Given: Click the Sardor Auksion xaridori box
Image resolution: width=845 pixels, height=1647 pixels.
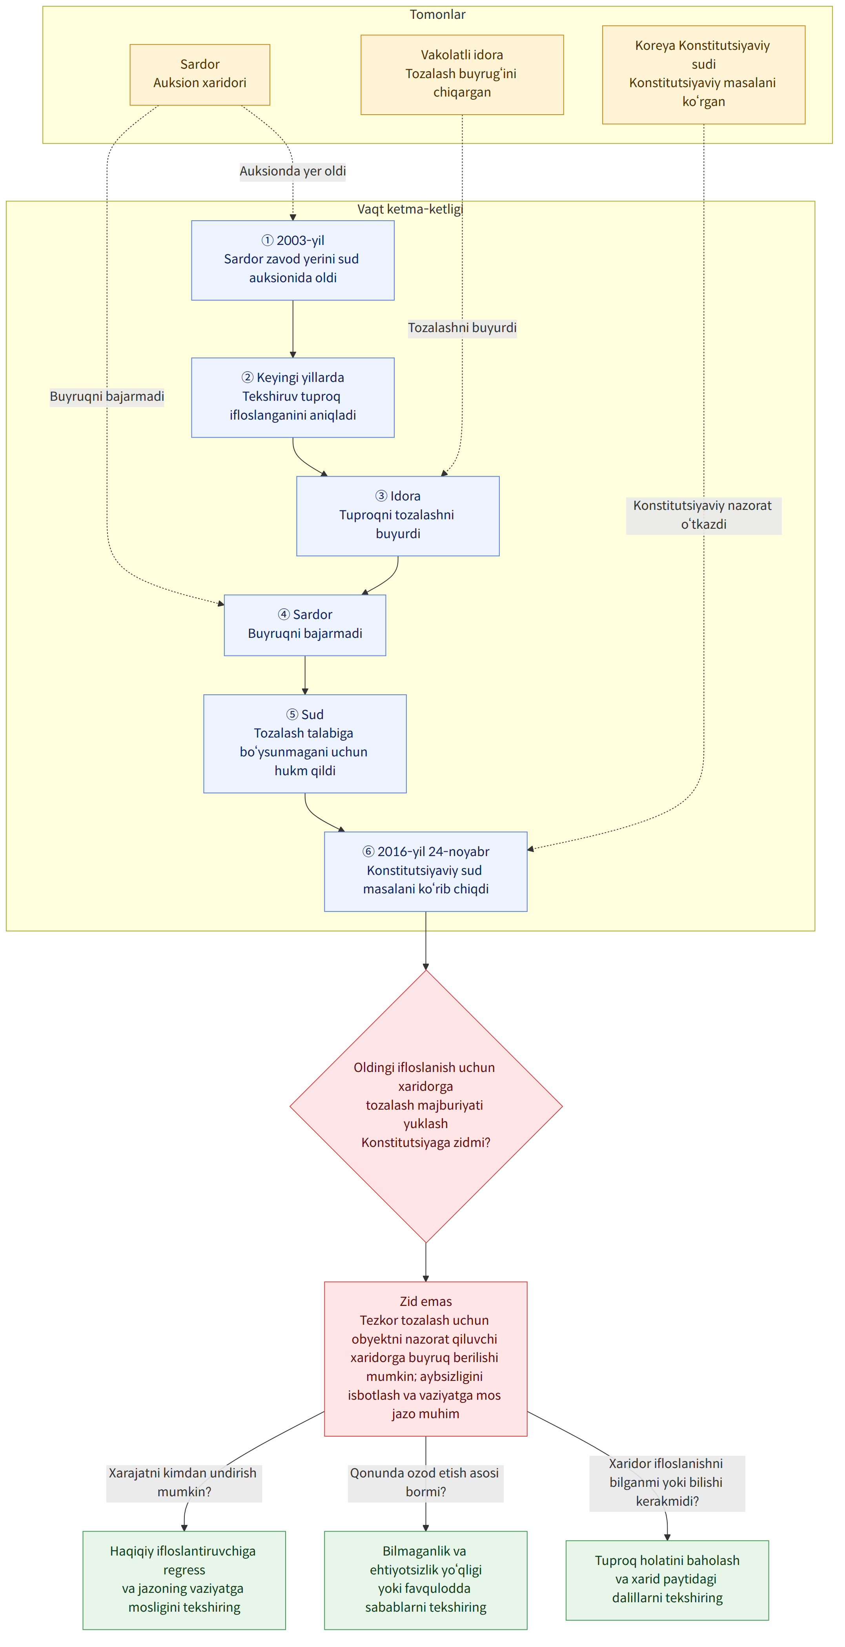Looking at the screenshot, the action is pos(199,74).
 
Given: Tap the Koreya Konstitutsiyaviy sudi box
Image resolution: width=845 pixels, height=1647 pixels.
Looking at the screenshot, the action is pos(703,74).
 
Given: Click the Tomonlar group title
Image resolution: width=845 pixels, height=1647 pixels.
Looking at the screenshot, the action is pos(437,14).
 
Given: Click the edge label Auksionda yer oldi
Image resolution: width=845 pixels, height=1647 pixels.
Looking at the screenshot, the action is pos(293,171).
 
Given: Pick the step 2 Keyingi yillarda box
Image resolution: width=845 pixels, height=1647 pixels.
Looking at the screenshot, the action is pos(293,397).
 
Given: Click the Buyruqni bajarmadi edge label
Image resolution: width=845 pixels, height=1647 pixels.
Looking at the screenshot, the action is pos(107,396).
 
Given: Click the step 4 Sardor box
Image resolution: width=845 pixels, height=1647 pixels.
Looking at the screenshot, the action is pos(305,624).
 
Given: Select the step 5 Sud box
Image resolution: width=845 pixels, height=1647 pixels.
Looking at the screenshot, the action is pos(305,743).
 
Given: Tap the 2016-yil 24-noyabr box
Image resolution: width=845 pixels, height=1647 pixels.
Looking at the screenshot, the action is pos(426,871).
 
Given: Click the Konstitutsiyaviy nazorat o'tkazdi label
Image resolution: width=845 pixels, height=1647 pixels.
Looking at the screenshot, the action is pos(703,515).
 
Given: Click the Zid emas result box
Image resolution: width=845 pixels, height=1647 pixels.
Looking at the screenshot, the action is pos(426,1359).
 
